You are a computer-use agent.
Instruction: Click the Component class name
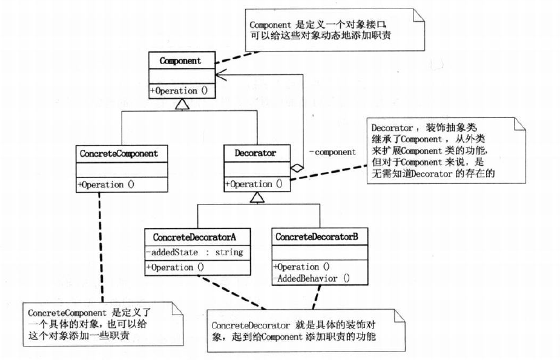coord(180,61)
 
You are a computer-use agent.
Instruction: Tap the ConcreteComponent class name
coord(119,154)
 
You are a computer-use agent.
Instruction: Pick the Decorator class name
coord(255,154)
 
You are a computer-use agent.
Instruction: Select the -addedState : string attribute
coord(194,252)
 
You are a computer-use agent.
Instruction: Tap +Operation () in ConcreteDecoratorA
coord(175,267)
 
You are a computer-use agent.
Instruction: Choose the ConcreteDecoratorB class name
coord(321,237)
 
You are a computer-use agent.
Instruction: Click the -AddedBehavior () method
coord(312,278)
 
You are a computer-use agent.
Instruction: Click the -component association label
coord(332,152)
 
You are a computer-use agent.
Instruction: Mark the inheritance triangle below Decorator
coord(257,197)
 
